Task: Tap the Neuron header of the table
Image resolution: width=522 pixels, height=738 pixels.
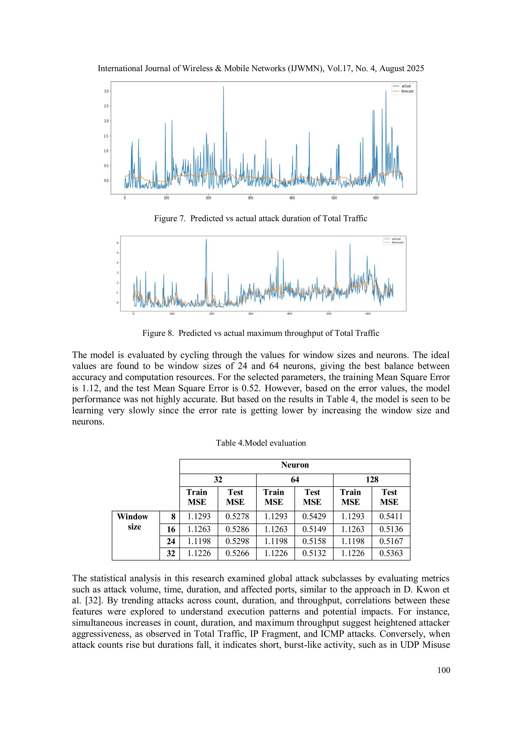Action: [x=295, y=465]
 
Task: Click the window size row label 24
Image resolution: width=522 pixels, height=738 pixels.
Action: [x=171, y=541]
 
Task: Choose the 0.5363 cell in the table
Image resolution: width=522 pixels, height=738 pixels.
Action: [x=391, y=553]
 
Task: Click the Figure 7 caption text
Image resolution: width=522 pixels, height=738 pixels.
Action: [x=260, y=218]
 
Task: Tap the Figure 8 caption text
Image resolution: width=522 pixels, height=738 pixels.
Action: [x=260, y=333]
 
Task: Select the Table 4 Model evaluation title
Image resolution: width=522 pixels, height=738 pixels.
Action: [x=260, y=443]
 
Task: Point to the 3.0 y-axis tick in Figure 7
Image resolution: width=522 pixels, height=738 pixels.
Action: [x=106, y=91]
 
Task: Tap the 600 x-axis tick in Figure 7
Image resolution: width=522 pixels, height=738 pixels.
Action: [x=376, y=198]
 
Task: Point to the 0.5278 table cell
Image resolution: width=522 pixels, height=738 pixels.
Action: [x=237, y=516]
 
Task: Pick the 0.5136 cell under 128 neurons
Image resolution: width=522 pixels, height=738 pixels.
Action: [x=391, y=529]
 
